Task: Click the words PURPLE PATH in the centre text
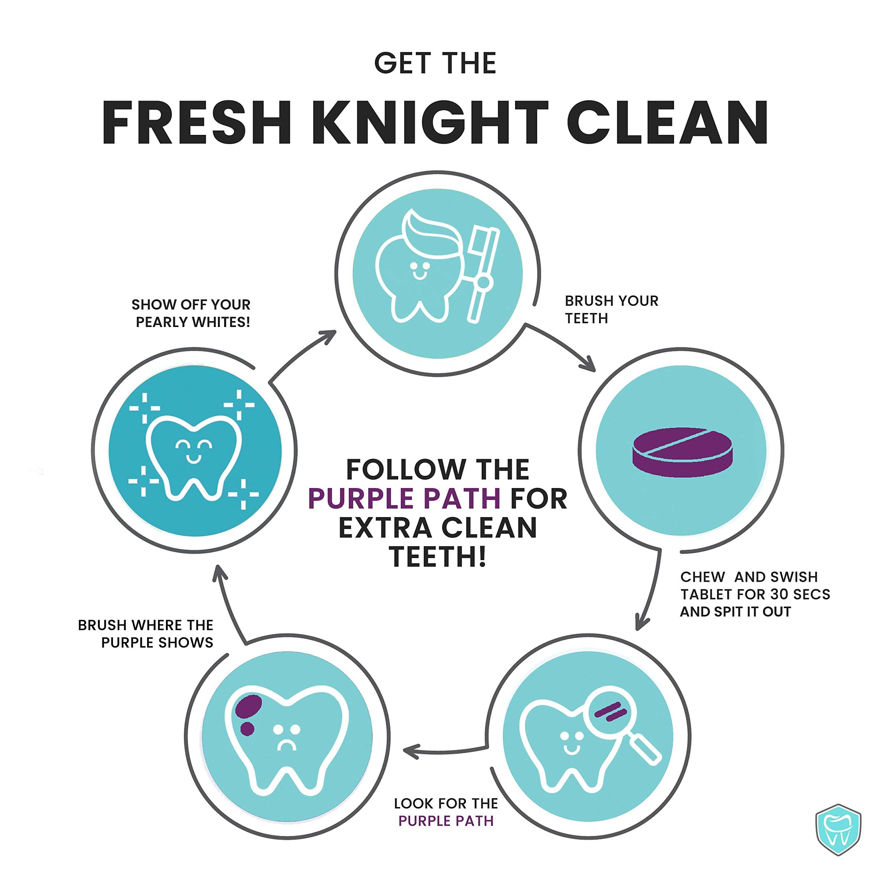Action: pyautogui.click(x=404, y=498)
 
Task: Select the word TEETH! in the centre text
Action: pyautogui.click(x=438, y=557)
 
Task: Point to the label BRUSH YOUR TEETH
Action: pyautogui.click(x=611, y=310)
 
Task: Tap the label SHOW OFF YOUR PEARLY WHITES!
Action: pyautogui.click(x=191, y=313)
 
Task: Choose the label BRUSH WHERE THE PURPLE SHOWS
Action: pyautogui.click(x=145, y=634)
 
